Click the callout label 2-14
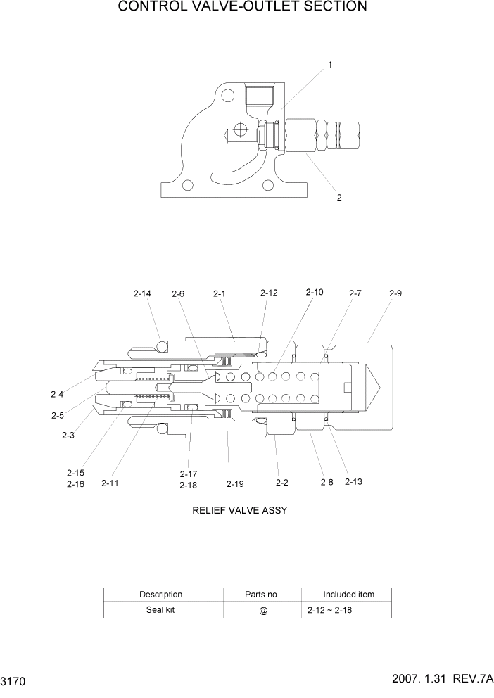click(142, 293)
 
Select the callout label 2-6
click(178, 294)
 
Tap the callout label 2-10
click(315, 292)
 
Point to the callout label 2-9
click(395, 293)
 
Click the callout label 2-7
click(355, 293)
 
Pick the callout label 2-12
click(269, 293)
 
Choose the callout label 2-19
click(235, 483)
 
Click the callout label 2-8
click(327, 483)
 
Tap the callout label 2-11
click(110, 483)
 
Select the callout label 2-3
click(68, 436)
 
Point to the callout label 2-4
click(57, 394)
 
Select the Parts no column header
click(260, 595)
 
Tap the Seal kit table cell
click(160, 610)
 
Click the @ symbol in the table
click(263, 611)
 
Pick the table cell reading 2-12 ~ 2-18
click(329, 611)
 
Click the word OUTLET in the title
click(267, 7)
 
